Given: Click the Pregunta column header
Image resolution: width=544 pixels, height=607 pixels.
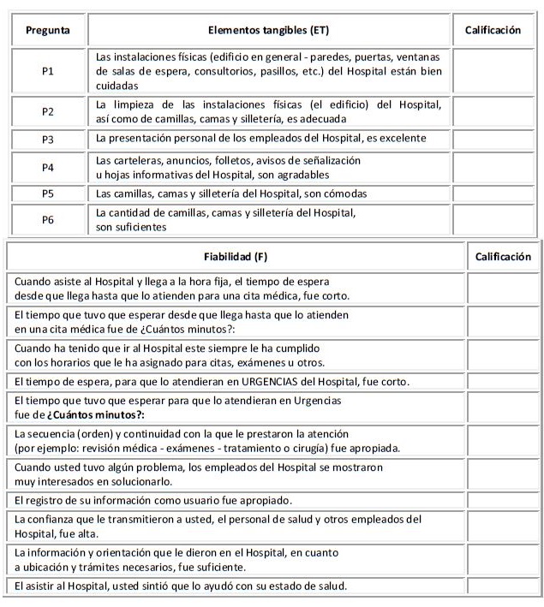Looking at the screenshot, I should click(x=48, y=30).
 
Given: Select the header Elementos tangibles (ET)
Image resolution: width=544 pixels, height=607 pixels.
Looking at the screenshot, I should click(x=272, y=30).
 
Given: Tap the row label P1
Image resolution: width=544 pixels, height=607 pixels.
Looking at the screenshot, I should click(x=48, y=71).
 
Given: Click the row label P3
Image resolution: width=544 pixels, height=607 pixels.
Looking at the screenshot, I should click(x=48, y=138).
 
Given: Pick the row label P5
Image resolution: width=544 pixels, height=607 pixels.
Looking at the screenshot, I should click(x=48, y=193).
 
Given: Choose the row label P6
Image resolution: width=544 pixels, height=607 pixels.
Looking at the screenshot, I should click(x=48, y=219).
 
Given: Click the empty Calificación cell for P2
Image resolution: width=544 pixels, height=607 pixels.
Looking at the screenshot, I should click(x=493, y=111).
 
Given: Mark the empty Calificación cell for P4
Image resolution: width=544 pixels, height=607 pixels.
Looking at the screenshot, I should click(x=493, y=167).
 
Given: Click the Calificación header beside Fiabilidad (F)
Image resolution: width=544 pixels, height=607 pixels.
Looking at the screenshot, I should click(x=502, y=256).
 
